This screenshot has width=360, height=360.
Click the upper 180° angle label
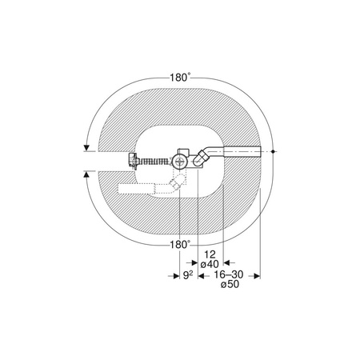[x=180, y=78]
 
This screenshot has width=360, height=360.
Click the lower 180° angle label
[x=180, y=245]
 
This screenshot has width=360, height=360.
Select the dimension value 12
[x=210, y=254]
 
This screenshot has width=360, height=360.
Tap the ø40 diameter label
[x=210, y=264]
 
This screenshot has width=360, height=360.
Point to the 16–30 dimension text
[x=229, y=274]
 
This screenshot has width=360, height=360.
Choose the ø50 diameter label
[x=230, y=284]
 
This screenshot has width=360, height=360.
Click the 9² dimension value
[x=188, y=275]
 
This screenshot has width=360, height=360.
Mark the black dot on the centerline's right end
[x=273, y=151]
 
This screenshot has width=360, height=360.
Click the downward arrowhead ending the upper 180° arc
[x=86, y=148]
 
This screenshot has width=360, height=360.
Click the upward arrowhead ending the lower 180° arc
[x=86, y=174]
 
